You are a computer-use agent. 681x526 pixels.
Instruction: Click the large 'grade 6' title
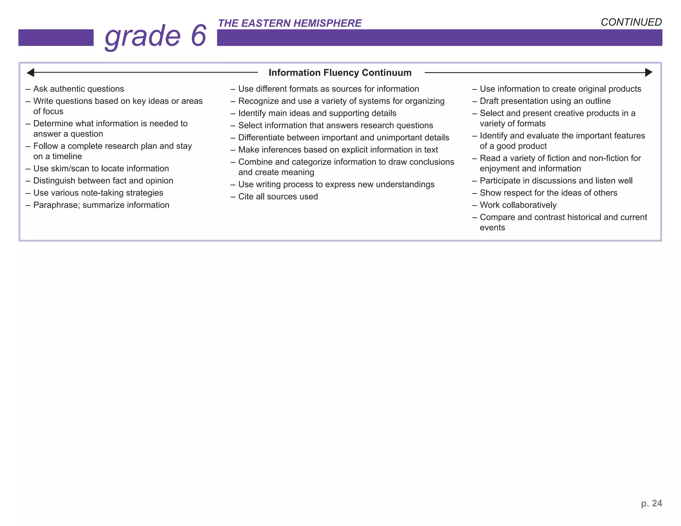(x=156, y=36)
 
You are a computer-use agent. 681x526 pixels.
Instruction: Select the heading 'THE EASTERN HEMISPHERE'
(x=289, y=23)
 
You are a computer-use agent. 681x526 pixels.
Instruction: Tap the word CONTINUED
(x=631, y=22)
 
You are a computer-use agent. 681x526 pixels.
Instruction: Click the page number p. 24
(x=651, y=503)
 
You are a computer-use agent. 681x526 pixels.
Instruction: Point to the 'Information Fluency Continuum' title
(x=340, y=72)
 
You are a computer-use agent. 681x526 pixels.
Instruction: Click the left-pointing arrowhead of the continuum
(x=31, y=72)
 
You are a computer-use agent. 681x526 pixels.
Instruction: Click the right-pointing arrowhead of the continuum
(x=648, y=72)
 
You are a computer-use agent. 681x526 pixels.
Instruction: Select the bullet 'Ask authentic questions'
(x=78, y=89)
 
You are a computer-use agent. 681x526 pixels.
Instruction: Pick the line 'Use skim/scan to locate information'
(x=101, y=169)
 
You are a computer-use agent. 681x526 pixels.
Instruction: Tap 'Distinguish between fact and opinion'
(x=103, y=181)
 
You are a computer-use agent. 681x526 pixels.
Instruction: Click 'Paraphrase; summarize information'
(x=101, y=205)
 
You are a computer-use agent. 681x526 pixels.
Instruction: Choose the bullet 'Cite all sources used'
(x=278, y=197)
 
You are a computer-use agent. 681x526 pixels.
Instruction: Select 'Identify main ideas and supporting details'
(x=317, y=113)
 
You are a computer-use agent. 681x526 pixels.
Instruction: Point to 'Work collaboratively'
(x=518, y=205)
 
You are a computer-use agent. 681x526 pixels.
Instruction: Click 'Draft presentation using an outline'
(x=545, y=101)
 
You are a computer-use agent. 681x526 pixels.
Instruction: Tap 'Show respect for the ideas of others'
(x=548, y=193)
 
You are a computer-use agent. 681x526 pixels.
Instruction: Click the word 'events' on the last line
(x=492, y=228)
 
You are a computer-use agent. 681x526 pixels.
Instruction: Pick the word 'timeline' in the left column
(x=67, y=157)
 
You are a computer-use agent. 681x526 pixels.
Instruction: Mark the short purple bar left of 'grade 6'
(x=56, y=38)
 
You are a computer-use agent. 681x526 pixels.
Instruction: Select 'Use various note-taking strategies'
(x=98, y=193)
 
